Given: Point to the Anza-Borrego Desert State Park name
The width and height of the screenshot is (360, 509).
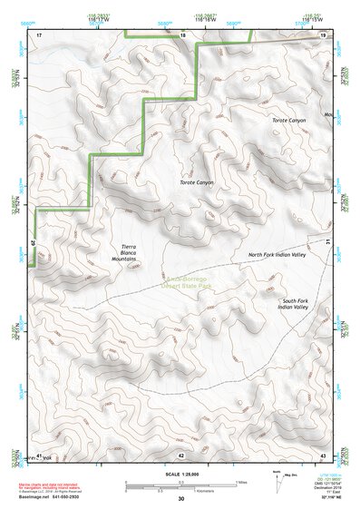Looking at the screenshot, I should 186,281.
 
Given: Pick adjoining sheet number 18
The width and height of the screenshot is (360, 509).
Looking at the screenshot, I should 182,34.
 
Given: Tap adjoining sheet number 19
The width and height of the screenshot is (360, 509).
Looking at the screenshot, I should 323,34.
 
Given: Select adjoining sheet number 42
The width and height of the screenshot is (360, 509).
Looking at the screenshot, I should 181,455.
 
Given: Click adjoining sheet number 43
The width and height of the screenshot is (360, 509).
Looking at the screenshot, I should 323,455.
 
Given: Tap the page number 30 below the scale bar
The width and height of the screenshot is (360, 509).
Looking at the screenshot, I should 181,499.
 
